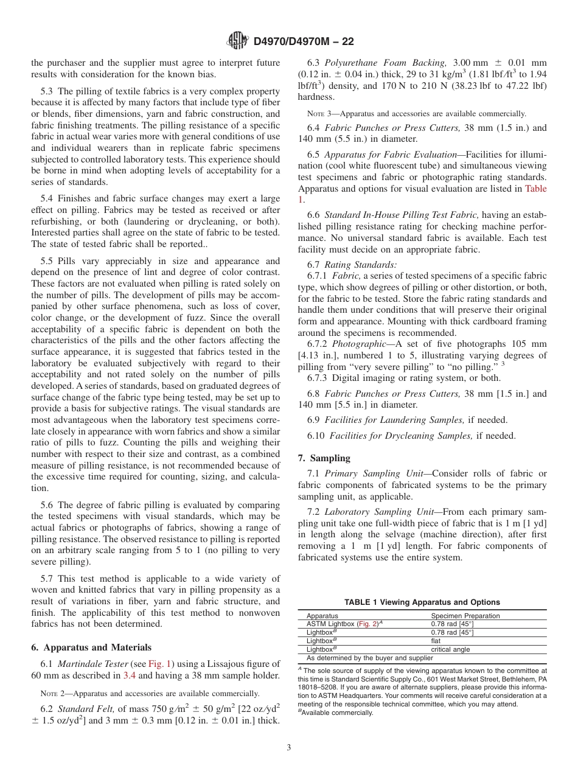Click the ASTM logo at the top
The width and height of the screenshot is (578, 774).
pyautogui.click(x=237, y=41)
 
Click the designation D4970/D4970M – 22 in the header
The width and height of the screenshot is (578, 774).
pyautogui.click(x=303, y=41)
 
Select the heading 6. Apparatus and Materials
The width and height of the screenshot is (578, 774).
pyautogui.click(x=91, y=647)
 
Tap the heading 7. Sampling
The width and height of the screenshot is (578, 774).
pyautogui.click(x=324, y=458)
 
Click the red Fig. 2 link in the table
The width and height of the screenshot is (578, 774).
pyautogui.click(x=366, y=624)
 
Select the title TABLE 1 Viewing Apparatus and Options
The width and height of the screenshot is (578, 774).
pyautogui.click(x=422, y=602)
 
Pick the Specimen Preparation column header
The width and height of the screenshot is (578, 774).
pyautogui.click(x=465, y=616)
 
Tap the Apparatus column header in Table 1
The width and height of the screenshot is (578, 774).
pyautogui.click(x=322, y=616)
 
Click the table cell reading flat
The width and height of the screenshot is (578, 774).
pyautogui.click(x=436, y=641)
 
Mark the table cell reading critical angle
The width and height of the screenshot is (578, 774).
pyautogui.click(x=450, y=649)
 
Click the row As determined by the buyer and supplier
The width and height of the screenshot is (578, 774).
pyautogui.click(x=369, y=658)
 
